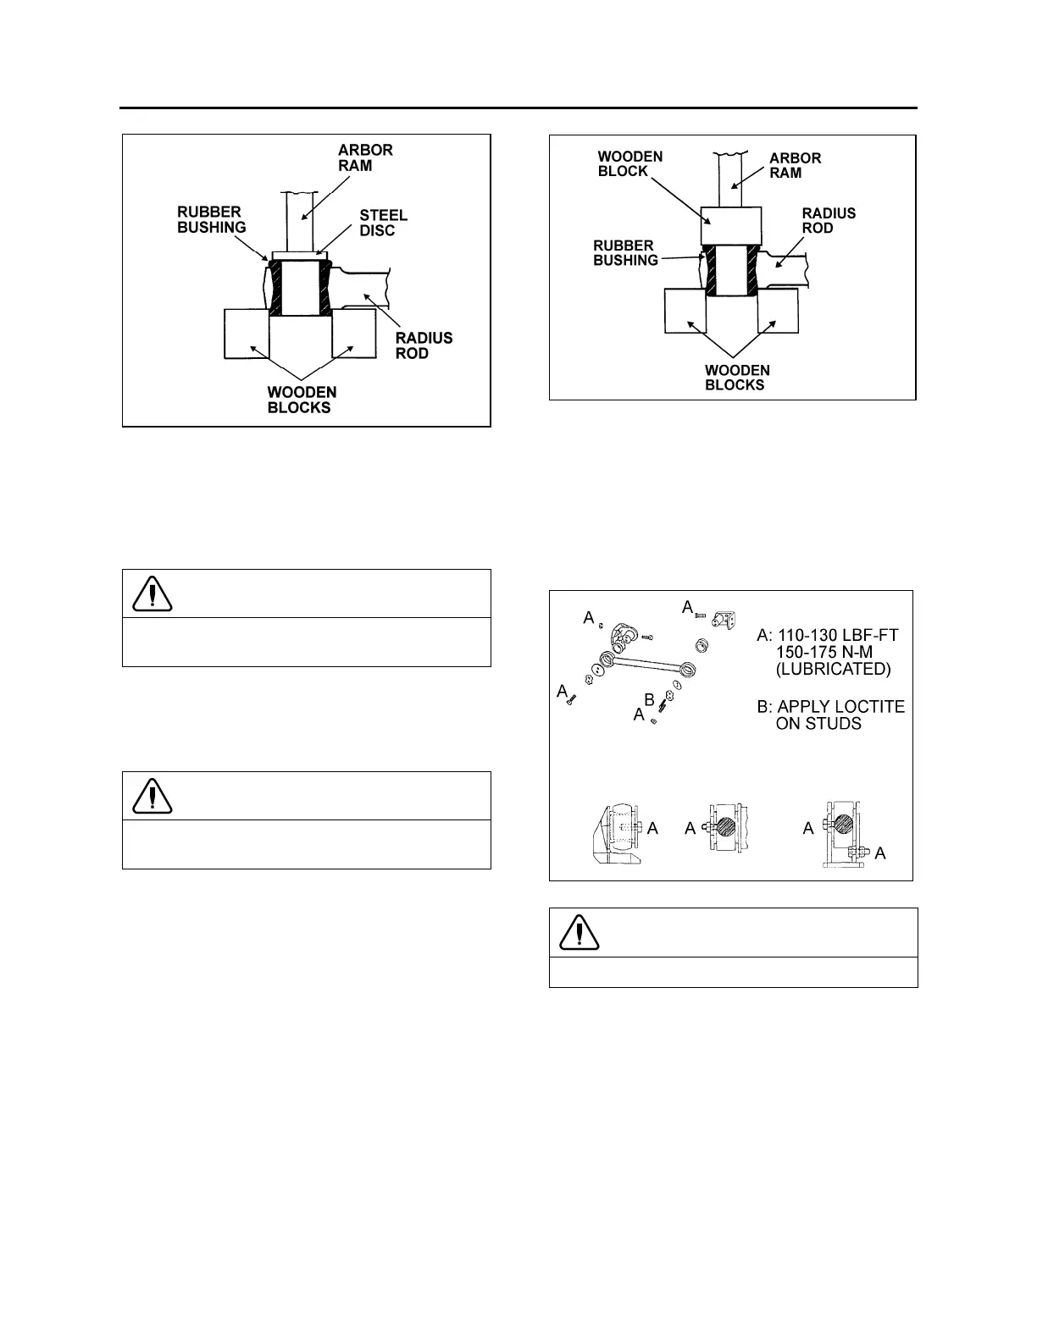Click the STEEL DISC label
[x=384, y=223]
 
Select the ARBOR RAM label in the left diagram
[x=365, y=157]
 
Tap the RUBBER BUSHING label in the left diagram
[x=211, y=219]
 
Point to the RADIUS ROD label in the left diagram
[x=424, y=345]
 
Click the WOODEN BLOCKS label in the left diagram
[x=302, y=400]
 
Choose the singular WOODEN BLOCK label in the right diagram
[x=629, y=163]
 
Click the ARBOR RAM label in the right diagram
[x=795, y=165]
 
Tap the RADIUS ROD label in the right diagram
[x=828, y=220]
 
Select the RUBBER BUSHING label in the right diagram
[x=625, y=253]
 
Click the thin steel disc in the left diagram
[x=296, y=255]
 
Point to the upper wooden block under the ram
[x=729, y=226]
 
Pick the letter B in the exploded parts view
[x=649, y=700]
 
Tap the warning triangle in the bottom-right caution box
[x=579, y=932]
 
